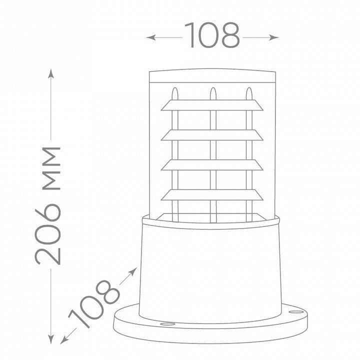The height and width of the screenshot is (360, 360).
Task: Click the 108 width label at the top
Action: pos(212,35)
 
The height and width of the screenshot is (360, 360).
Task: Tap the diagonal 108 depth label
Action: pos(94,304)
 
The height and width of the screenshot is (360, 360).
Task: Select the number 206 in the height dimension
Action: pos(48,234)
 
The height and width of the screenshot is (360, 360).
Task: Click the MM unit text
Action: pos(51,168)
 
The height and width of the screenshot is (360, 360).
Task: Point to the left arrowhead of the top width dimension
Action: pos(150,37)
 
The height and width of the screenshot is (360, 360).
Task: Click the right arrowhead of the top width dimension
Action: pos(274,37)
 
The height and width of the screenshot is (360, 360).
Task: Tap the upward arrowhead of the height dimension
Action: pos(51,73)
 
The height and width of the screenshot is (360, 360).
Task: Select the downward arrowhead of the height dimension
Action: pos(51,339)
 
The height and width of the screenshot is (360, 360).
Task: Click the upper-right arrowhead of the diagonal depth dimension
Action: pos(133,271)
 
